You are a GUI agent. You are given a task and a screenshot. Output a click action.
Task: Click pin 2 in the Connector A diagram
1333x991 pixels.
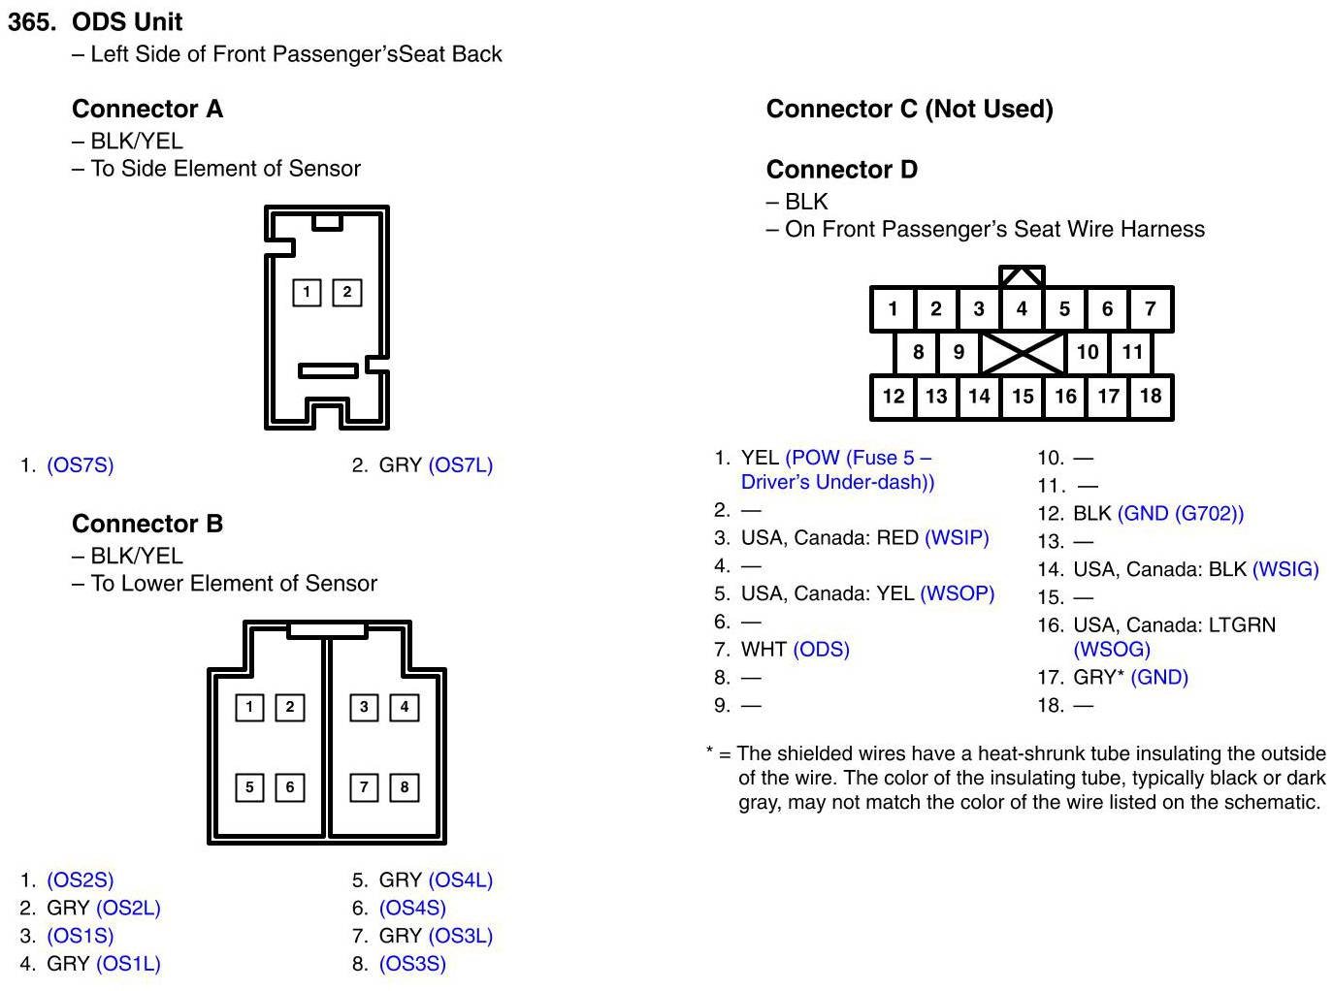pyautogui.click(x=347, y=292)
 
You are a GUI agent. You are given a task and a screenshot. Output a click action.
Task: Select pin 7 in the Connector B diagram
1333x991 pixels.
pyautogui.click(x=364, y=786)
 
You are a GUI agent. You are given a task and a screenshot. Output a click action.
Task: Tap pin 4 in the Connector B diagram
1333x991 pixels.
pyautogui.click(x=405, y=707)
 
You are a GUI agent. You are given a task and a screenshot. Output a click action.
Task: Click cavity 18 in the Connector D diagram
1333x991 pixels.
pyautogui.click(x=1151, y=396)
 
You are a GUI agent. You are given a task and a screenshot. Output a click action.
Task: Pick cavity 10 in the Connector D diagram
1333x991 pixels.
pyautogui.click(x=1088, y=352)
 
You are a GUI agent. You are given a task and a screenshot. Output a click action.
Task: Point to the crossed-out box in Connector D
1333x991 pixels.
pyautogui.click(x=1023, y=352)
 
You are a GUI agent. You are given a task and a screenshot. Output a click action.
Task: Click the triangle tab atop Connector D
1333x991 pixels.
pyautogui.click(x=1023, y=277)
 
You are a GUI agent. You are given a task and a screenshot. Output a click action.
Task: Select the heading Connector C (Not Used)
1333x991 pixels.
pyautogui.click(x=909, y=109)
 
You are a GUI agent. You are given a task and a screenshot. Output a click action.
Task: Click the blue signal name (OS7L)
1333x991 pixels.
pyautogui.click(x=460, y=465)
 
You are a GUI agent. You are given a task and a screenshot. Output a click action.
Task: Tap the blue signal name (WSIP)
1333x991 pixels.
pyautogui.click(x=957, y=538)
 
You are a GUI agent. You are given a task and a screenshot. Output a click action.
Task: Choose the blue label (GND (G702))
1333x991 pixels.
pyautogui.click(x=1180, y=514)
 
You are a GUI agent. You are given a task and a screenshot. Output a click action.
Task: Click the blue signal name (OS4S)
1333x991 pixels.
pyautogui.click(x=412, y=909)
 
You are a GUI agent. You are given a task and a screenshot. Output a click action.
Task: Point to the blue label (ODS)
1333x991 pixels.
pyautogui.click(x=821, y=650)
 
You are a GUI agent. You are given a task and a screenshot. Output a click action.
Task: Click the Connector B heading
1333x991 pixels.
pyautogui.click(x=147, y=524)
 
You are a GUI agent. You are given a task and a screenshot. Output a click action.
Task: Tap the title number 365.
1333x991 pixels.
pyautogui.click(x=32, y=21)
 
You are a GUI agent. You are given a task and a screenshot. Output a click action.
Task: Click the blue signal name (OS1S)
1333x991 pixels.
pyautogui.click(x=81, y=937)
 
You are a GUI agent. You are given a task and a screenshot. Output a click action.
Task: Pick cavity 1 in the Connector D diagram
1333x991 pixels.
pyautogui.click(x=893, y=309)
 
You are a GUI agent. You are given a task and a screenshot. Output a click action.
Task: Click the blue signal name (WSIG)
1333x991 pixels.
pyautogui.click(x=1285, y=569)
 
